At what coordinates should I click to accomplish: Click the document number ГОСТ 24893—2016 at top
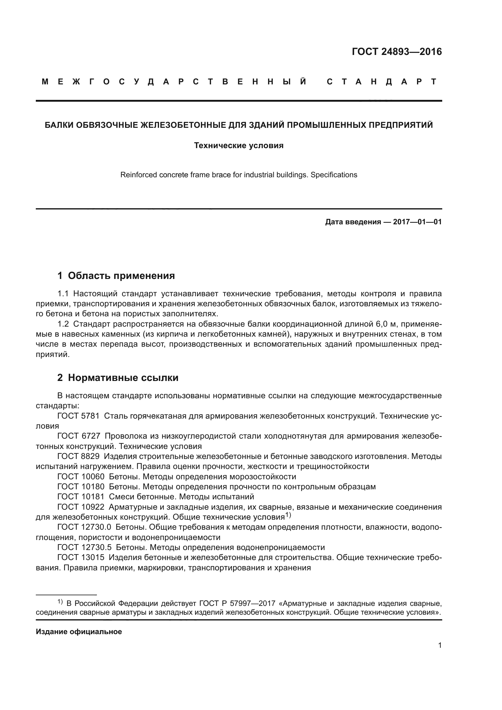coord(397,52)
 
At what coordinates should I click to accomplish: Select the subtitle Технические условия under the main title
coord(239,145)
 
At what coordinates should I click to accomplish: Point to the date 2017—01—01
coord(417,222)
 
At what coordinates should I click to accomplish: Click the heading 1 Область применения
coord(116,276)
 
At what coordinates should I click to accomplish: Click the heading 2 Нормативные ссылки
coord(118,378)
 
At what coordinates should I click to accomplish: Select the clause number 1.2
coord(63,324)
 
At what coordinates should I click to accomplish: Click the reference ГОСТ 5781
coord(78,416)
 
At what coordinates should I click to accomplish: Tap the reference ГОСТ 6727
coord(79,436)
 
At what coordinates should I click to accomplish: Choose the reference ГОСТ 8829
coord(78,457)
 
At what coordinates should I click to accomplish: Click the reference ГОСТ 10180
coord(81,487)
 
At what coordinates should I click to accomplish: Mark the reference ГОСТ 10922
coord(81,507)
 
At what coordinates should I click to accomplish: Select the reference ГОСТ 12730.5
coord(84,547)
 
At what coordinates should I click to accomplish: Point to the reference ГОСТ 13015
coord(81,558)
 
